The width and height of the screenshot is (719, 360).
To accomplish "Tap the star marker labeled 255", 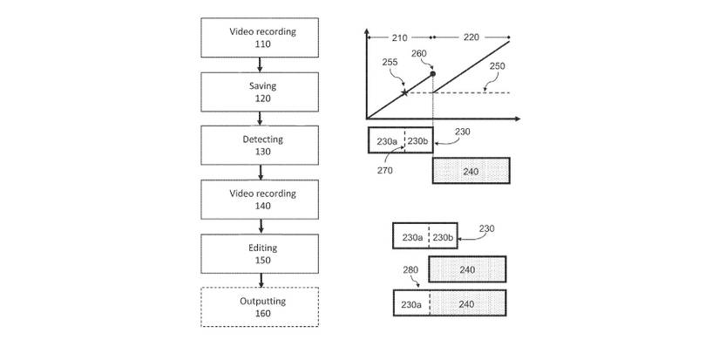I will click(404, 92).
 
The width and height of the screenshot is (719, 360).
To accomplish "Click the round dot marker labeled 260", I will click(433, 74).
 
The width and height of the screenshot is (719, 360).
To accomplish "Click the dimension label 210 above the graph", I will click(399, 37).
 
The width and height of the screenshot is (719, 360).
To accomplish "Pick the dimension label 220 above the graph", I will click(471, 37).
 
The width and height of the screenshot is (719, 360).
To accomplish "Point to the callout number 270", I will click(385, 171).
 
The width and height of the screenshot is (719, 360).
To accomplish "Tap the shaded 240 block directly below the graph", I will click(471, 171).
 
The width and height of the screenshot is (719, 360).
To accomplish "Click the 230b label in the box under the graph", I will click(417, 141).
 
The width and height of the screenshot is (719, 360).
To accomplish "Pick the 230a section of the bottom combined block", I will click(412, 304).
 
